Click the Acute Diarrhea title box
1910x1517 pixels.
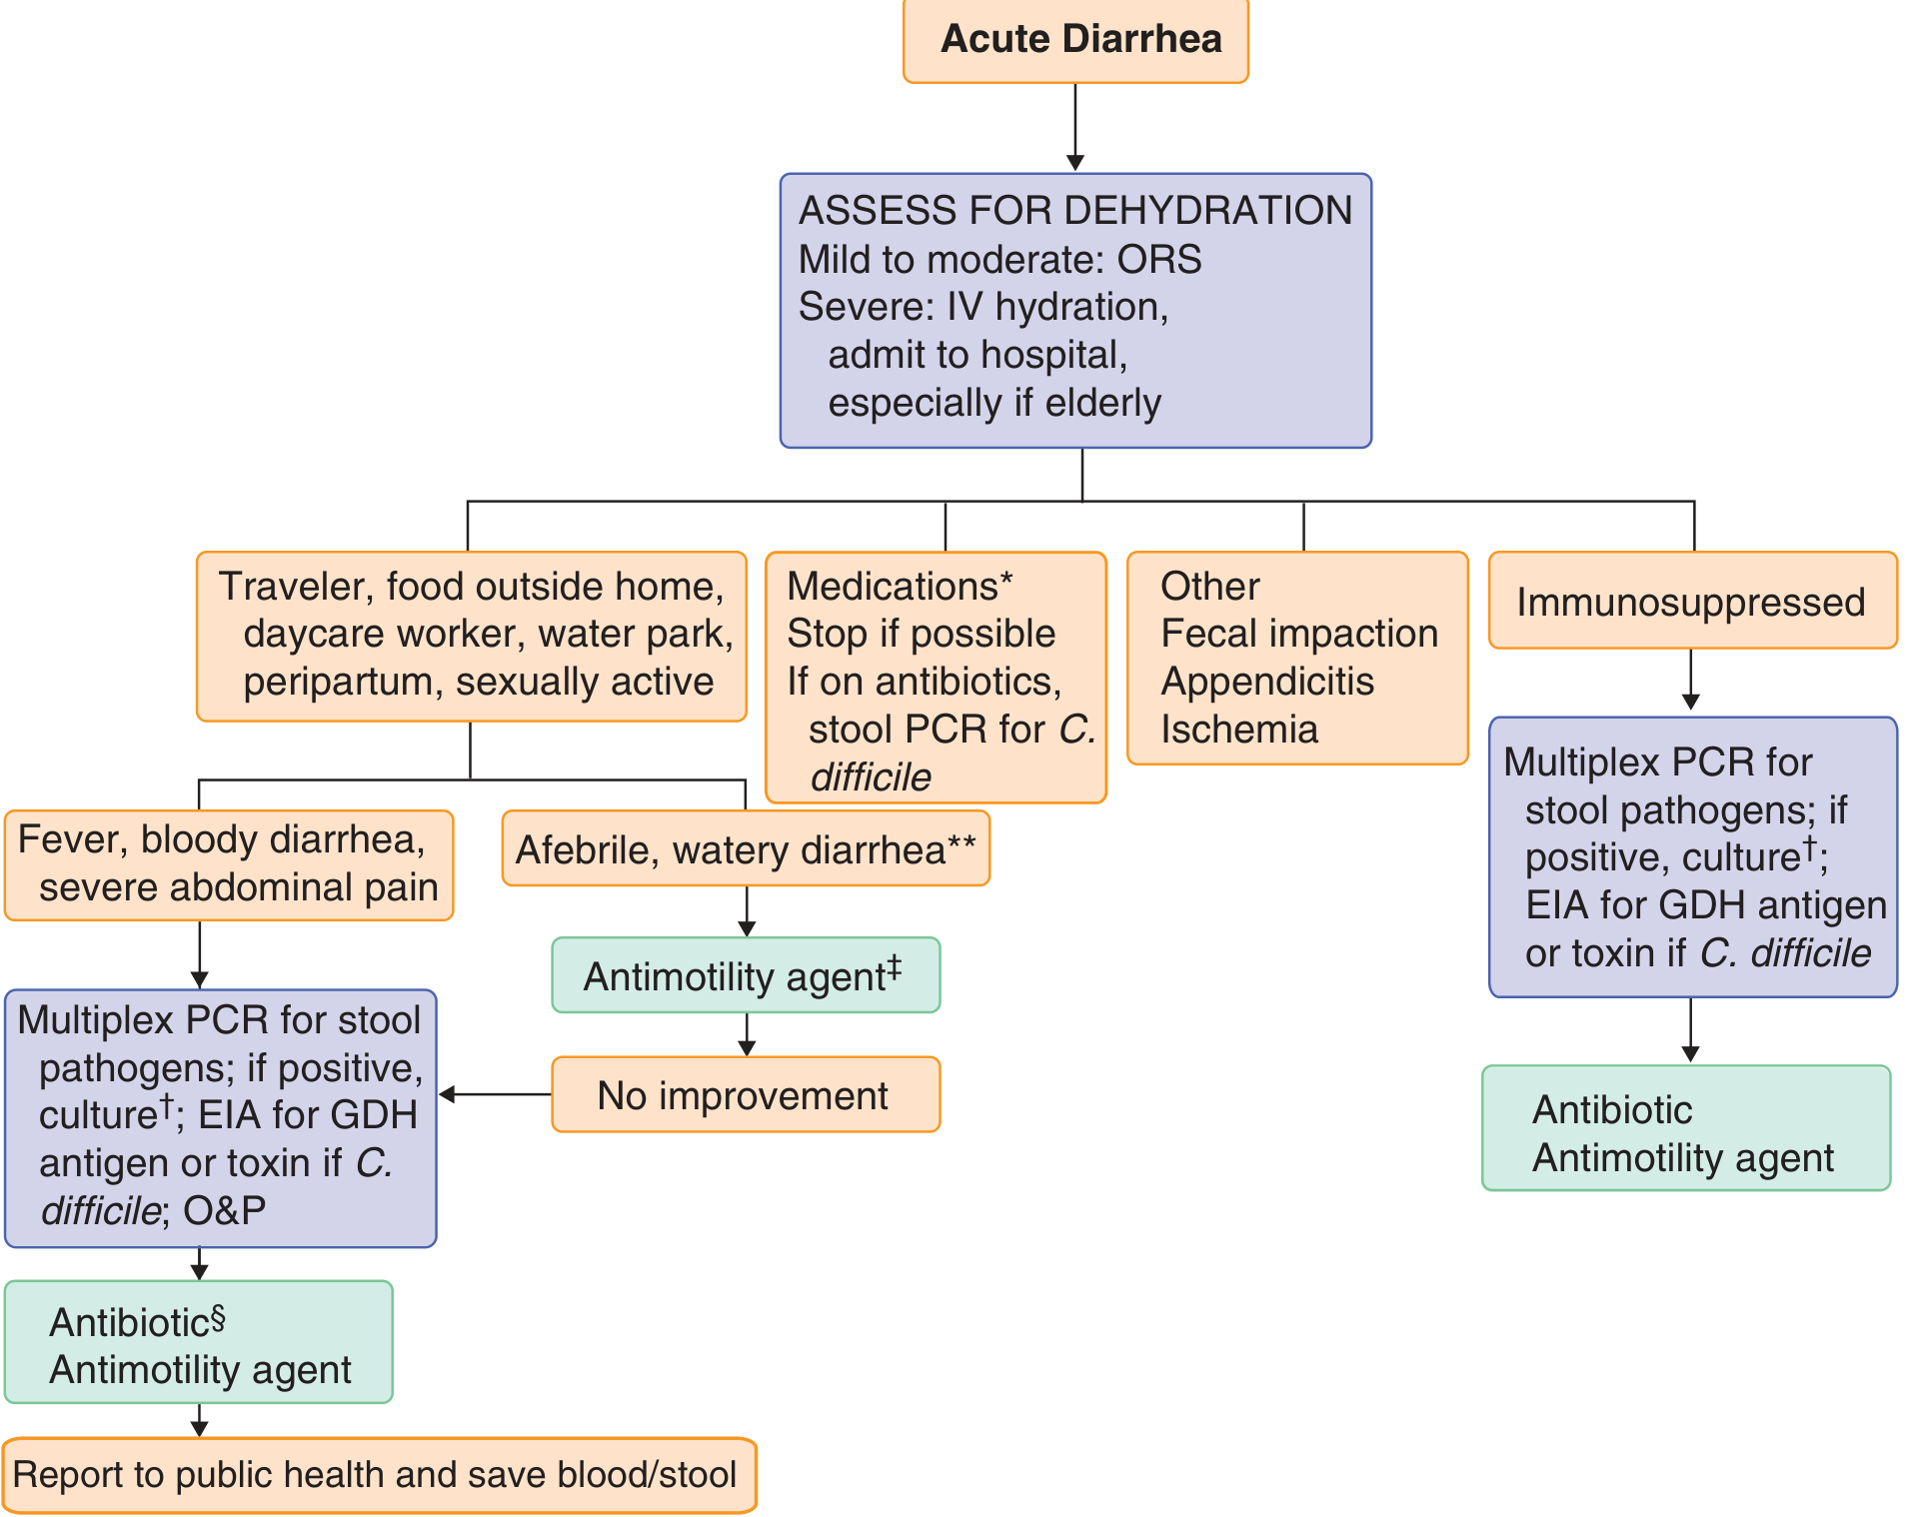(x=1075, y=40)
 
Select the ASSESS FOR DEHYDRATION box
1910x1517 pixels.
(x=1075, y=310)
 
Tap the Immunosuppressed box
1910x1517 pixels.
(x=1691, y=602)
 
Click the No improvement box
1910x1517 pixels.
(x=745, y=1095)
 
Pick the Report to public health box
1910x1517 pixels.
(x=378, y=1475)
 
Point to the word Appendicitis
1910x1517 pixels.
(x=1267, y=682)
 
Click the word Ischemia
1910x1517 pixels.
(x=1239, y=730)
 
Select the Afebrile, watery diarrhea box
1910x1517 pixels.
(x=745, y=849)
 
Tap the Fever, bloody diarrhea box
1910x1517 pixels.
(x=228, y=864)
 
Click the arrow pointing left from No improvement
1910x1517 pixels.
(x=494, y=1095)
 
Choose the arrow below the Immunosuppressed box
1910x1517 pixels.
(x=1691, y=682)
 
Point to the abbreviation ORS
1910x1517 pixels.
(x=1159, y=260)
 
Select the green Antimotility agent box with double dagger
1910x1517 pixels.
(x=745, y=975)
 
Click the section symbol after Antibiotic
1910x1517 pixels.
(x=219, y=1317)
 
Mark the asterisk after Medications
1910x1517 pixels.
(x=1006, y=580)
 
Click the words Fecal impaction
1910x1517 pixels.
(x=1299, y=634)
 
